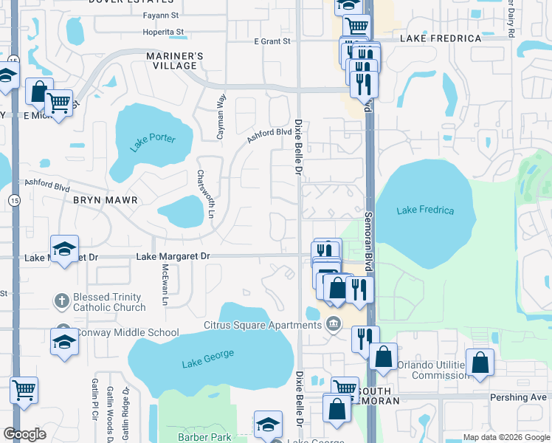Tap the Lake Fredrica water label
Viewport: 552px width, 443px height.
pos(425,210)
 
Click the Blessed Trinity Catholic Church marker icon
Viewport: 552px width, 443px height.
pos(63,301)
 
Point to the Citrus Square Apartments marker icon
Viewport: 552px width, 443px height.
pos(334,323)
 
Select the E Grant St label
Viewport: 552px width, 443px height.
pos(272,42)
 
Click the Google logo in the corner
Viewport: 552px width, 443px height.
pos(24,434)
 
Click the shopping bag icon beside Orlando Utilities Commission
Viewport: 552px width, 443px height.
pos(480,363)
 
